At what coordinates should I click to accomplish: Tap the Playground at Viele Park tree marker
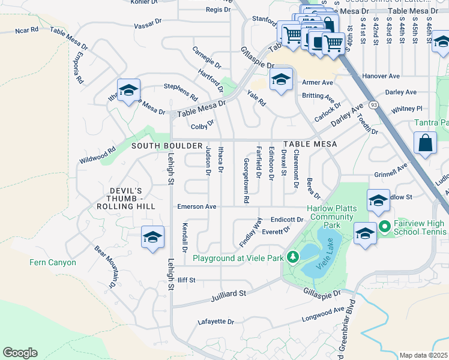[x=292, y=257]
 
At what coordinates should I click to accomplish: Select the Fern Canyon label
[x=53, y=262]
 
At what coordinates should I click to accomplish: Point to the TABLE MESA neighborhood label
[x=310, y=145]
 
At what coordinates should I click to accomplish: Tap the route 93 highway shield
[x=375, y=104]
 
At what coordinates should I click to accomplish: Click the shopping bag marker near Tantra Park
[x=425, y=143]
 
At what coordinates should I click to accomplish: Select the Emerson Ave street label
[x=196, y=206]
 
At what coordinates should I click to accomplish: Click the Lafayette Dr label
[x=215, y=322]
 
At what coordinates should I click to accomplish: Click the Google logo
[x=20, y=352]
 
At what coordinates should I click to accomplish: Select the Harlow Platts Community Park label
[x=332, y=217]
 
